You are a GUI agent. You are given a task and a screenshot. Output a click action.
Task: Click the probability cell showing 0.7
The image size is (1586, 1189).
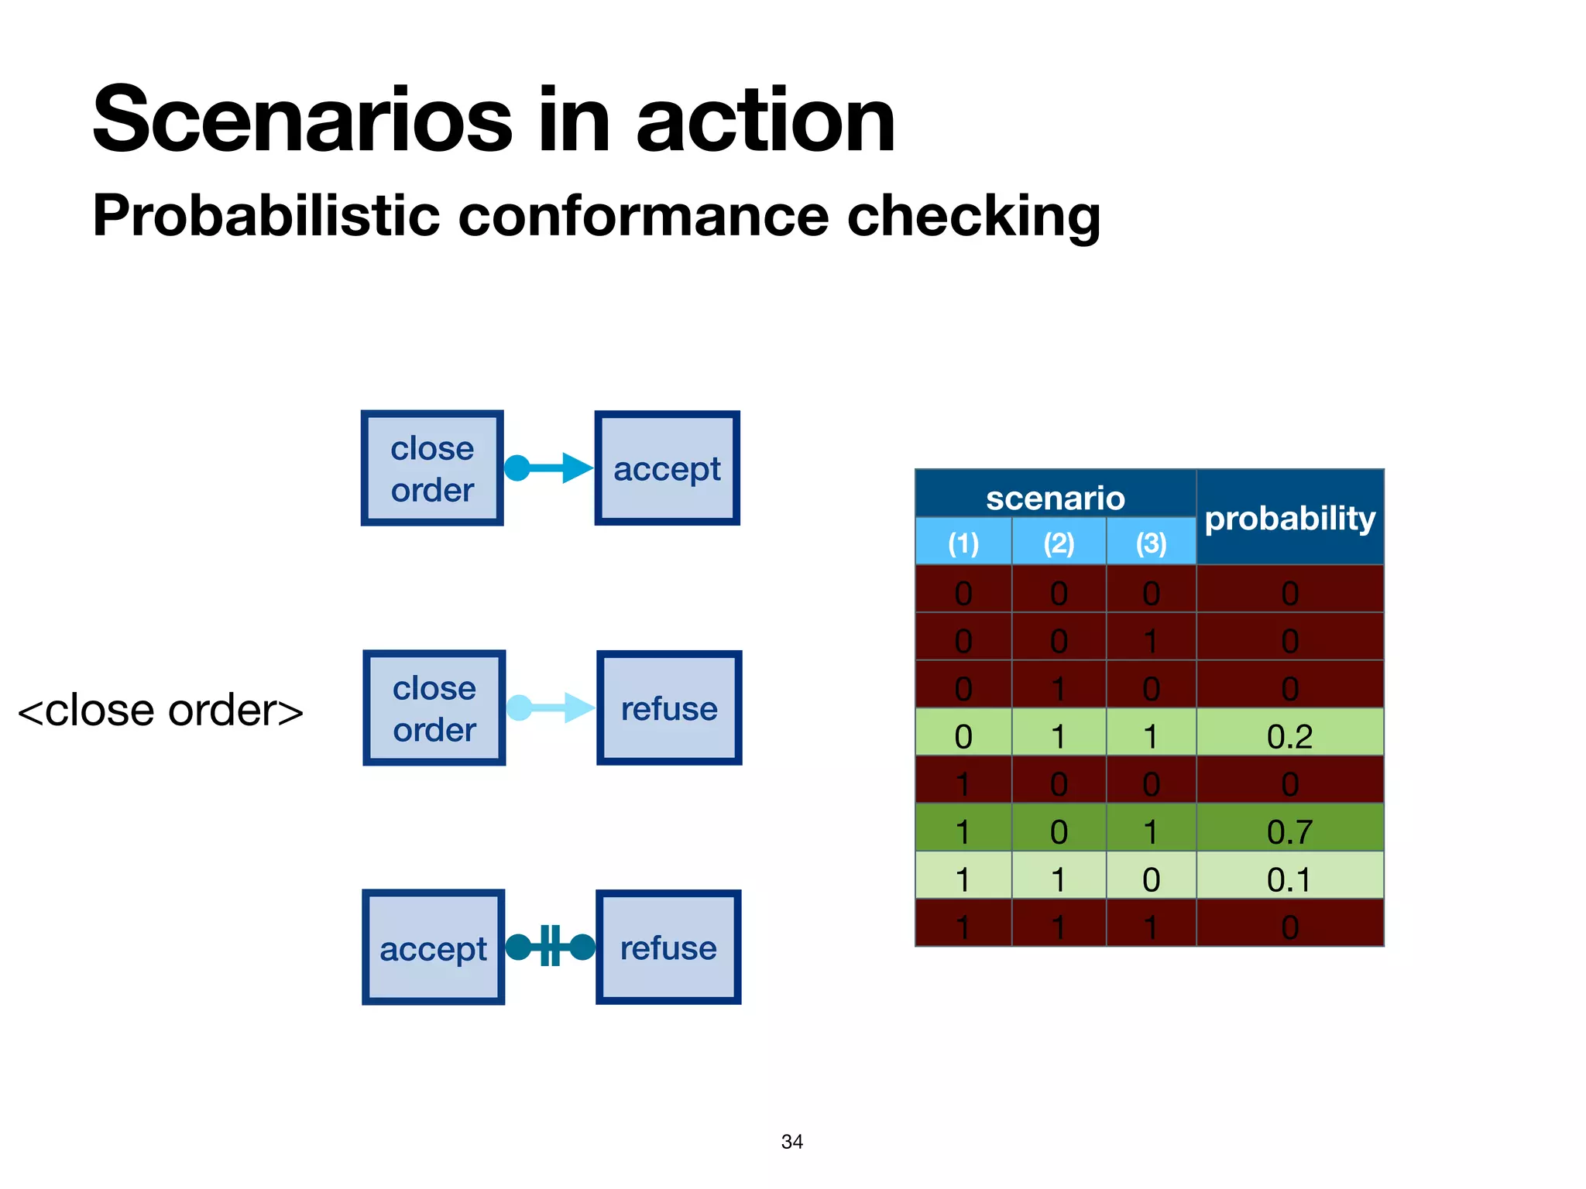1289,831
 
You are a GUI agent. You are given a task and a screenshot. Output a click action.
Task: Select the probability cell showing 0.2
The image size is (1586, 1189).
1289,735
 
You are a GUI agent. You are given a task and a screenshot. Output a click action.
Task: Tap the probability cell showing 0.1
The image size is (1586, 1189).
1289,879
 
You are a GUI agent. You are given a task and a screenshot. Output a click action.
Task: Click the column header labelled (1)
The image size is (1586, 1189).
963,543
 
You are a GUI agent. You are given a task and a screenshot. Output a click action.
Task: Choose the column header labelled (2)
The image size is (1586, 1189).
1059,543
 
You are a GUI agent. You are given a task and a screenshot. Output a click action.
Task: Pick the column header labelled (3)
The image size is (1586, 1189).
1152,543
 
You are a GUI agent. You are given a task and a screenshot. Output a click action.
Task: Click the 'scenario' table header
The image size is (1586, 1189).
1055,498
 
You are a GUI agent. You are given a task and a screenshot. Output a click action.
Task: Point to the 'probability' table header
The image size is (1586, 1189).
1290,517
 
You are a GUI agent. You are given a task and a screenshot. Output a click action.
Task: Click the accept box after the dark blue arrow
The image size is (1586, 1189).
667,468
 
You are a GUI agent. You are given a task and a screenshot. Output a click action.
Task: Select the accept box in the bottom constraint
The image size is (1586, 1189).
433,947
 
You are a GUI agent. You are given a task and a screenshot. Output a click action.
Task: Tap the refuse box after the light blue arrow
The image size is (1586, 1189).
669,708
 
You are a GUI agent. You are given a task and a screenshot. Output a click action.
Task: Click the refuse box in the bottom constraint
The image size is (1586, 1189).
668,947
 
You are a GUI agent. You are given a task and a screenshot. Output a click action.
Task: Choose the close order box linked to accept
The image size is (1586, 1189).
432,468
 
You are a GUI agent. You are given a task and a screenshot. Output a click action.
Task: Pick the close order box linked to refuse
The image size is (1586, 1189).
434,708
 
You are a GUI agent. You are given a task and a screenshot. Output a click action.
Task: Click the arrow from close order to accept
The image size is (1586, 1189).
549,468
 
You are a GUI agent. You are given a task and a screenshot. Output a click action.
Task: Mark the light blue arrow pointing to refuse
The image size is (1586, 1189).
551,707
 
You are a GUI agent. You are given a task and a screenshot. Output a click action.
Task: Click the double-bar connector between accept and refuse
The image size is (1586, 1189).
550,946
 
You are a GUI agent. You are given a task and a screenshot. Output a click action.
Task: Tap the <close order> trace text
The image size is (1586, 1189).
160,710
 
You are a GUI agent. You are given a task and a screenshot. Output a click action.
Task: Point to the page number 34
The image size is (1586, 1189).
791,1142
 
